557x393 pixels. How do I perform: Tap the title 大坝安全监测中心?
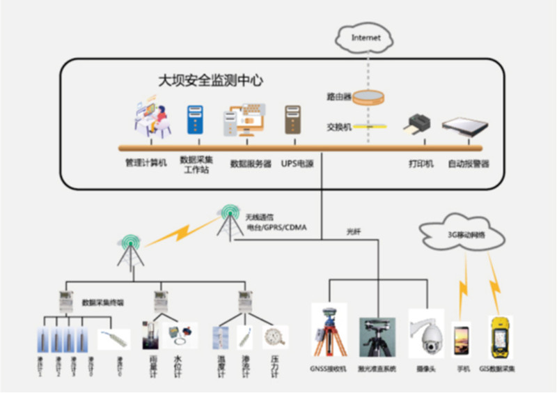pos(210,81)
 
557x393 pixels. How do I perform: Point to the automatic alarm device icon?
pos(462,128)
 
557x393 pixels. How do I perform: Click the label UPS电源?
pos(297,164)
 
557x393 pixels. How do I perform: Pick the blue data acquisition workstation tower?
pos(194,120)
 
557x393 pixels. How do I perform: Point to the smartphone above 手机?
pos(461,339)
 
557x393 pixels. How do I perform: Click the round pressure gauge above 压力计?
pos(275,337)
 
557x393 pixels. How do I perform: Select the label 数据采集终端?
pos(102,302)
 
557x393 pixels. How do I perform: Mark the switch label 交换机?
pos(338,127)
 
